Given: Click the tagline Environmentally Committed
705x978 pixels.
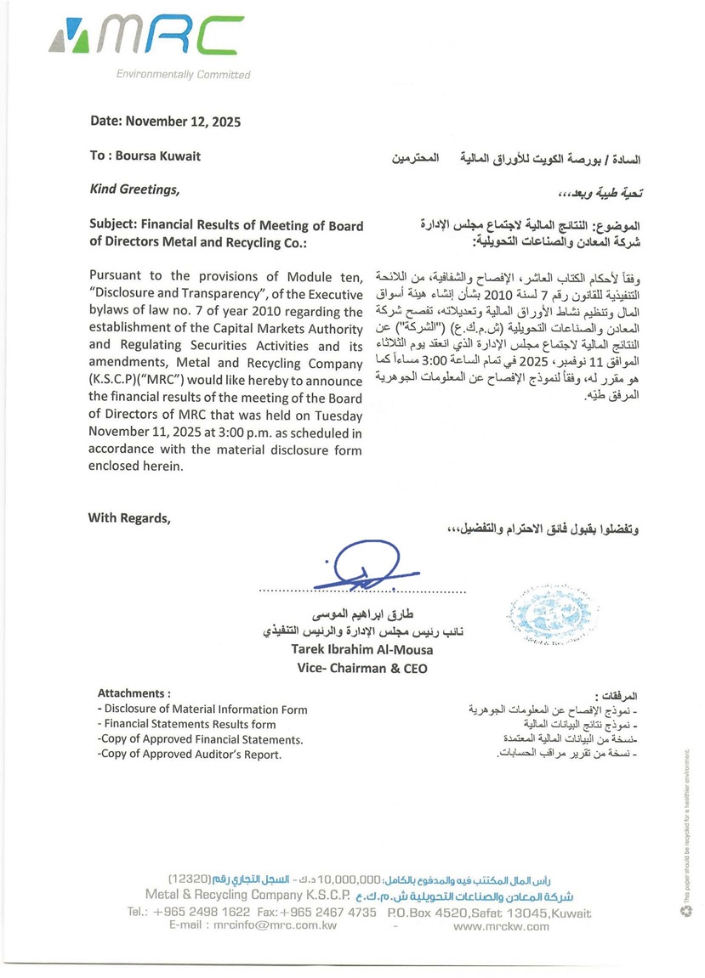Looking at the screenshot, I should pyautogui.click(x=183, y=75).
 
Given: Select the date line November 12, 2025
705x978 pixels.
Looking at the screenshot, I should pyautogui.click(x=165, y=122).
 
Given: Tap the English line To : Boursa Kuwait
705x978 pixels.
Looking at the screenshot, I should pyautogui.click(x=145, y=156).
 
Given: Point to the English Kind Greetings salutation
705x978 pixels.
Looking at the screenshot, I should pyautogui.click(x=134, y=189).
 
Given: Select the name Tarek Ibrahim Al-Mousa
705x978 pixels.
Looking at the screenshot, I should pyautogui.click(x=362, y=650).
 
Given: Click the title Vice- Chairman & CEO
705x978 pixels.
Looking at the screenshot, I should pyautogui.click(x=362, y=669).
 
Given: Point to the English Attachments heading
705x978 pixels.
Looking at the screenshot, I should pyautogui.click(x=134, y=693).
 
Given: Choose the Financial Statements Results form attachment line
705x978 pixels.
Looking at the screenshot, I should pyautogui.click(x=187, y=725).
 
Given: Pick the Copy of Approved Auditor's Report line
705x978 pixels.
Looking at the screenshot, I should pyautogui.click(x=189, y=755).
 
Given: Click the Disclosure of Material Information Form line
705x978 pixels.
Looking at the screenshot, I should pyautogui.click(x=202, y=709).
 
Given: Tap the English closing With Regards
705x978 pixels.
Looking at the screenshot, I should pyautogui.click(x=129, y=518).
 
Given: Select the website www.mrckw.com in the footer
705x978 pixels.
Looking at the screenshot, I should pyautogui.click(x=502, y=926).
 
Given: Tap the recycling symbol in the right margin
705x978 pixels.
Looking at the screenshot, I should pyautogui.click(x=686, y=911).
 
